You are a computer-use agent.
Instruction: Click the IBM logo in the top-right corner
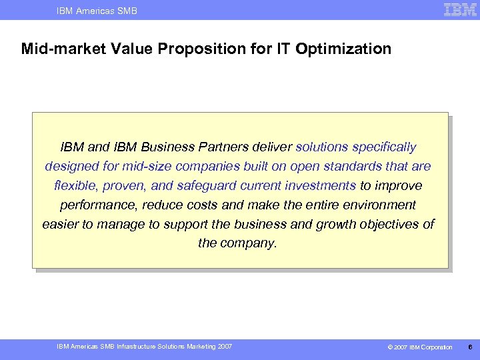[460, 9]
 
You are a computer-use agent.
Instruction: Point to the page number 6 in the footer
[471, 347]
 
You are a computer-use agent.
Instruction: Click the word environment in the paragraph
[379, 205]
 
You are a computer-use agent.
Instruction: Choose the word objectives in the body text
[393, 224]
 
